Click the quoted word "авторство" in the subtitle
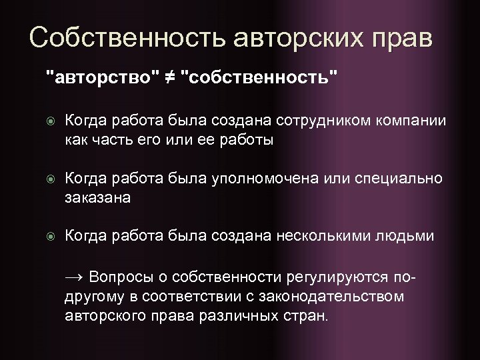pyautogui.click(x=101, y=77)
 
